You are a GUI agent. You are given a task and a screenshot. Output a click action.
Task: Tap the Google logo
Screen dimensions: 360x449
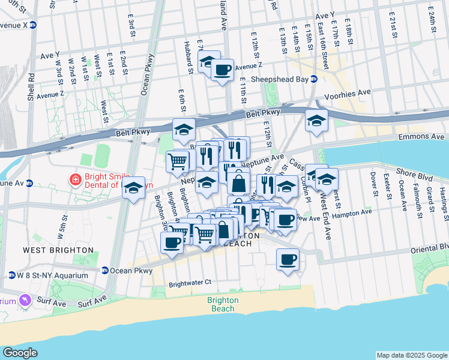click(x=20, y=353)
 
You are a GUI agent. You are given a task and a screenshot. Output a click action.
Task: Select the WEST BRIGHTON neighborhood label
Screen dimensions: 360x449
click(x=58, y=250)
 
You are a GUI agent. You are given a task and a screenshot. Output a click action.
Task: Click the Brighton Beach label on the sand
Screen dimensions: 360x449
click(x=222, y=304)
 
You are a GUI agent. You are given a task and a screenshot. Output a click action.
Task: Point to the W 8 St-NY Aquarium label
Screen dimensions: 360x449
click(x=52, y=275)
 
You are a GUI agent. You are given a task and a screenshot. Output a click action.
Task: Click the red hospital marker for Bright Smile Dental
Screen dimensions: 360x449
click(x=76, y=179)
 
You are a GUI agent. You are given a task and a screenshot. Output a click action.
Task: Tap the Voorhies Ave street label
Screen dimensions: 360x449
click(x=348, y=94)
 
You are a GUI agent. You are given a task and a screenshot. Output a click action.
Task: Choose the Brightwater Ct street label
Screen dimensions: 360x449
click(x=190, y=282)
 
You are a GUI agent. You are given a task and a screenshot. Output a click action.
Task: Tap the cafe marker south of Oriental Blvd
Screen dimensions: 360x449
click(x=288, y=260)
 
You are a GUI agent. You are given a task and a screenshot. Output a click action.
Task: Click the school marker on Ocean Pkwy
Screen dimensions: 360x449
click(x=133, y=188)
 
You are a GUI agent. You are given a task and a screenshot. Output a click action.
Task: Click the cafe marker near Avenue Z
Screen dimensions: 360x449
click(x=222, y=70)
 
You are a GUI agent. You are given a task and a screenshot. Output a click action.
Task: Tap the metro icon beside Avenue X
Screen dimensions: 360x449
click(x=33, y=26)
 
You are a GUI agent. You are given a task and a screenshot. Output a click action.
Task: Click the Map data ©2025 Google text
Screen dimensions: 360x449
click(x=411, y=355)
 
